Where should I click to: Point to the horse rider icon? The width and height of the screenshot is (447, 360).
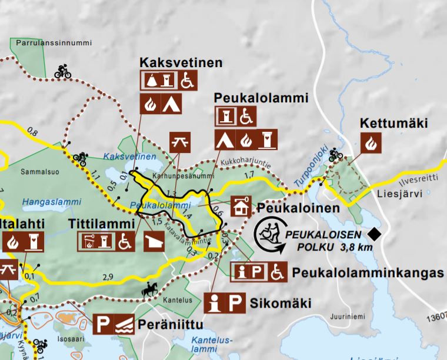point(148,289)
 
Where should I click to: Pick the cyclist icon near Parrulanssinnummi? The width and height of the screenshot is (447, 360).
point(62,71)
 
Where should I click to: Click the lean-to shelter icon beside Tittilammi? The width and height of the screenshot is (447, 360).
point(155,240)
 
